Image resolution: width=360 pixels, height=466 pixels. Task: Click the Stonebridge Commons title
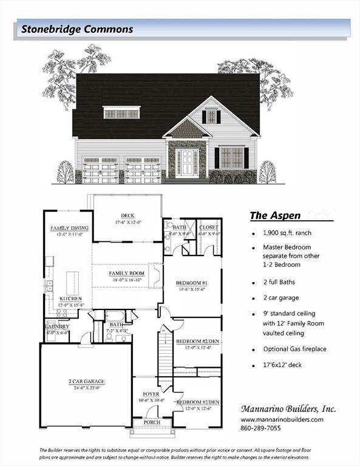[x=77, y=29]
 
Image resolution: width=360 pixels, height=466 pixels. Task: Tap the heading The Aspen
[x=274, y=215]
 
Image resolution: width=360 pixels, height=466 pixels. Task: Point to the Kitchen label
[x=71, y=299]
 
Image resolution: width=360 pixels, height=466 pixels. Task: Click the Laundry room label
[x=57, y=327]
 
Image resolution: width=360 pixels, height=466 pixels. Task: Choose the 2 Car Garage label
[x=86, y=382]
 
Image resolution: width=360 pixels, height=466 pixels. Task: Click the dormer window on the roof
[x=122, y=113]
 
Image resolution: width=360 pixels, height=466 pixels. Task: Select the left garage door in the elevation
[x=100, y=171]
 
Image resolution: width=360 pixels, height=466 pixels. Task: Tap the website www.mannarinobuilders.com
[x=282, y=419]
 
